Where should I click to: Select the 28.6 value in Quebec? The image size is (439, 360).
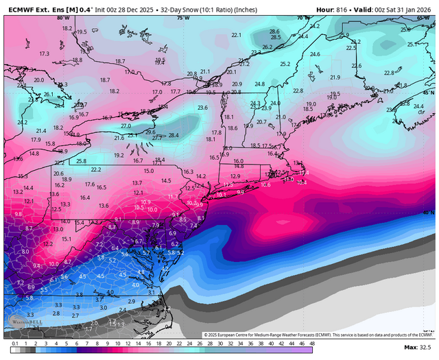tap(274, 32)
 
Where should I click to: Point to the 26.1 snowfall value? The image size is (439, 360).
tap(48, 94)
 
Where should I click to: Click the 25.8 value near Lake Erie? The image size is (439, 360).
tap(81, 160)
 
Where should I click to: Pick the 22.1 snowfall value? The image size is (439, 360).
tap(237, 35)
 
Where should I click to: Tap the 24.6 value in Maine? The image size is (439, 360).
tap(315, 54)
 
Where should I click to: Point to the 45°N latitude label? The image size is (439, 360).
tap(428, 92)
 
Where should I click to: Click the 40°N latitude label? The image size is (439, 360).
tap(428, 213)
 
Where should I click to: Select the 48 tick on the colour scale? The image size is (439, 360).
tap(312, 343)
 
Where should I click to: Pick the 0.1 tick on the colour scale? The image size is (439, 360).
tap(15, 343)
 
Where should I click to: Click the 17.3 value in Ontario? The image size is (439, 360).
tap(45, 53)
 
